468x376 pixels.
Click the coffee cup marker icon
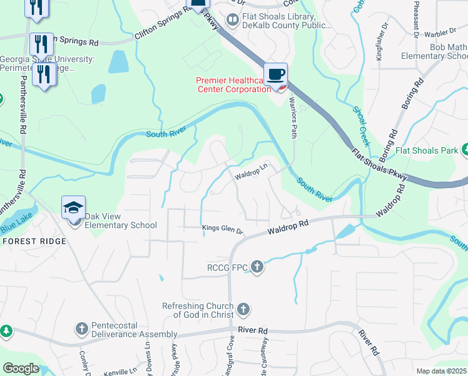coord(275,74)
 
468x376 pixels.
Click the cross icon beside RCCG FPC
coord(257,267)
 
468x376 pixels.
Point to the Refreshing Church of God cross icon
coord(243,310)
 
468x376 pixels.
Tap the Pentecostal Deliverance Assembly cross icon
coord(81,328)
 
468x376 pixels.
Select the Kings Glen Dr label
coord(222,229)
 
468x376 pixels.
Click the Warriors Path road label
coord(291,118)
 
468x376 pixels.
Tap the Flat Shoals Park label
coord(427,151)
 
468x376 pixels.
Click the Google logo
coord(21,369)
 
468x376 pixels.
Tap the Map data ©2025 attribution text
coord(442,371)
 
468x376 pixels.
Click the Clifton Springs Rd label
coord(161,30)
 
